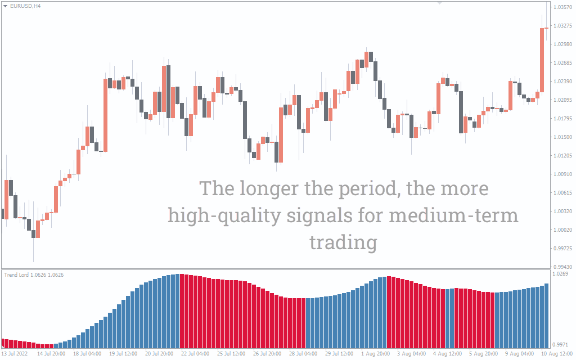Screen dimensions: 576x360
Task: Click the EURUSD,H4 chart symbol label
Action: click(25, 6)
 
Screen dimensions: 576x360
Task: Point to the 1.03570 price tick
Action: click(562, 7)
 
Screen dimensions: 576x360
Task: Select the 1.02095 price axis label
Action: click(562, 100)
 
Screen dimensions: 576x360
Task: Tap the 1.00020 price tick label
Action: click(562, 230)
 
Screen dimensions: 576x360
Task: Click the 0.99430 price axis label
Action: click(562, 267)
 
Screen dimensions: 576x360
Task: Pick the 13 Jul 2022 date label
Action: click(15, 354)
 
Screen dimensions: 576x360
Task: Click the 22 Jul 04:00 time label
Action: click(195, 354)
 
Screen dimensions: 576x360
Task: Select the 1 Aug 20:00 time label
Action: click(375, 354)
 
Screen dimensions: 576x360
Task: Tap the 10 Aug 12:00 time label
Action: click(558, 354)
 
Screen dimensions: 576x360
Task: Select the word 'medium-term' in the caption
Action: click(454, 215)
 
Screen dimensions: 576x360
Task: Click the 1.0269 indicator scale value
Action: click(560, 274)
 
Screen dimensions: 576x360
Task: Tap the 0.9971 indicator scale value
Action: click(560, 345)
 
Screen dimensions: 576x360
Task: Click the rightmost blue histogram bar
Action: click(546, 316)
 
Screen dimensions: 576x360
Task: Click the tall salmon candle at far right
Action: click(542, 60)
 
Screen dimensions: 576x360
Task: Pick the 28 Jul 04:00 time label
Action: click(303, 354)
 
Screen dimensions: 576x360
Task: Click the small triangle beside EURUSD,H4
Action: click(6, 6)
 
